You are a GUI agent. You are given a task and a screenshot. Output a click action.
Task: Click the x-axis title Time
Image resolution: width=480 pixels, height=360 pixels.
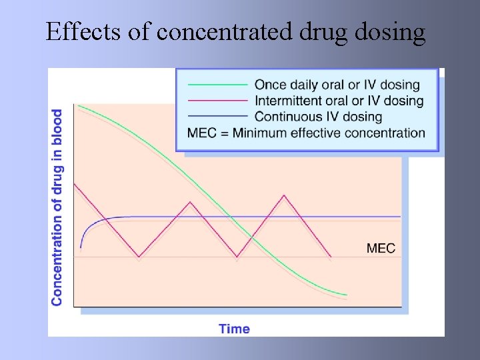coord(234,328)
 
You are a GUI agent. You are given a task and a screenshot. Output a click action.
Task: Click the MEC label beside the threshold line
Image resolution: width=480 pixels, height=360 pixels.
coord(381,249)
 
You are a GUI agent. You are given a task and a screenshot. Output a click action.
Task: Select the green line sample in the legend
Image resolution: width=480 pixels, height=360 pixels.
coord(217,85)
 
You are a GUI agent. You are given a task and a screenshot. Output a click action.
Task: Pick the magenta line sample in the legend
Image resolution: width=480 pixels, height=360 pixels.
coord(217,101)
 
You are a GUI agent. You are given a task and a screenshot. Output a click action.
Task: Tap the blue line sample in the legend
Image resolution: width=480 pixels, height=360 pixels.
coord(217,117)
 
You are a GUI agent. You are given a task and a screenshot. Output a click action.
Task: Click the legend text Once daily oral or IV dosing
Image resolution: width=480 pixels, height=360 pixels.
coord(337,85)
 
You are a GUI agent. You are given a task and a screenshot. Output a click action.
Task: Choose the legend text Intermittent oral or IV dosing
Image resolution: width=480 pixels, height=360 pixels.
coord(339,101)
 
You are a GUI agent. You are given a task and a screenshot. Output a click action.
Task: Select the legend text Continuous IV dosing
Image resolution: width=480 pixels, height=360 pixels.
coord(318,117)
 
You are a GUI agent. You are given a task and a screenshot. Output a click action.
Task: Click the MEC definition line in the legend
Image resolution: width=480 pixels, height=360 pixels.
coord(306,133)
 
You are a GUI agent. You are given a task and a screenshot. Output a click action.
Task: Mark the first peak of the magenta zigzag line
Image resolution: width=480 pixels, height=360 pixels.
coord(191,201)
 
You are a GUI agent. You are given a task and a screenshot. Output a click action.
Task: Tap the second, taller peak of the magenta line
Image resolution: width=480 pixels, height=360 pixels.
coord(285,195)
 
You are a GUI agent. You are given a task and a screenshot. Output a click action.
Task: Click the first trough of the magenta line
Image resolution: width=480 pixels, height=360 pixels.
coord(139,256)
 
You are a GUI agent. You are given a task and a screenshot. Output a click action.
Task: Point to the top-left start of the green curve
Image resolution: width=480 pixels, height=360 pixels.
coord(79,105)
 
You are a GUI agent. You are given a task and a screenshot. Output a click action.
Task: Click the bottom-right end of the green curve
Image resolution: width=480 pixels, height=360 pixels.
coord(347,295)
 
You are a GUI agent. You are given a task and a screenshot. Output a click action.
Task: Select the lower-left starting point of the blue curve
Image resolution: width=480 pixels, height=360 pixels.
coord(81,248)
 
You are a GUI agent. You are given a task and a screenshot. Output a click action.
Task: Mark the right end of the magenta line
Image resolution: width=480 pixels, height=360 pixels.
coord(331,257)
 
